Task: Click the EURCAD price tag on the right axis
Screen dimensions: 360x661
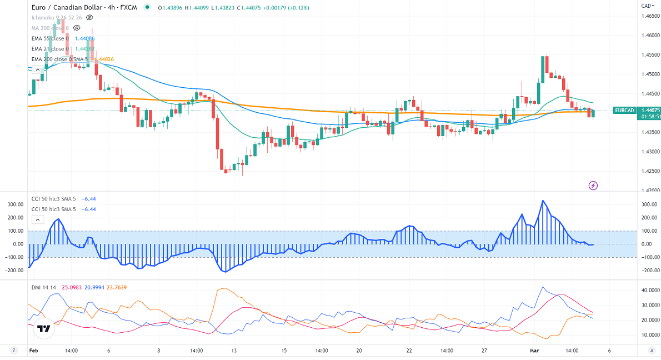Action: [625, 110]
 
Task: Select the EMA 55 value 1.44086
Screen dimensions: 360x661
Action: [84, 38]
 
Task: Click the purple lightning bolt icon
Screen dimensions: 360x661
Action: [593, 185]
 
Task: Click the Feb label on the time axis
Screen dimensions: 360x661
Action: [33, 351]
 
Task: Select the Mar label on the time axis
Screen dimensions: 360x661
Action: [534, 351]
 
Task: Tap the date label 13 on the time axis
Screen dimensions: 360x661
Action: [234, 351]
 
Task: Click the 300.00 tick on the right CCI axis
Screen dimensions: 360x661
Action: [648, 204]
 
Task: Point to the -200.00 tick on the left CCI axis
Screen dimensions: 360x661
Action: [14, 271]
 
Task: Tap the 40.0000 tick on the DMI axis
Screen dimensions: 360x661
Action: [649, 291]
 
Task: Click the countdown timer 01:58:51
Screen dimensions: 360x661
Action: [625, 117]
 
